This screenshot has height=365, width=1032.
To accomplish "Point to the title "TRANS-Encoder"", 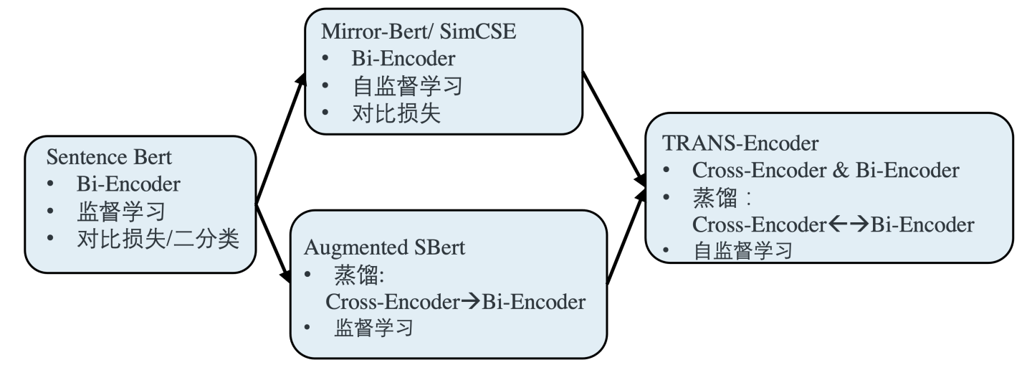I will coord(740,143).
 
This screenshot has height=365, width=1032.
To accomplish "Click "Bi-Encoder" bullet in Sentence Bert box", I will coord(128,184).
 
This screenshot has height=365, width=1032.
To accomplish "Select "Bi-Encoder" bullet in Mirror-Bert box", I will coord(403,59).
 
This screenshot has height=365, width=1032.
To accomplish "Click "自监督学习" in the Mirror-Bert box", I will coord(406,87).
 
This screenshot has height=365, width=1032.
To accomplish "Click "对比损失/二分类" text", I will coord(157,239).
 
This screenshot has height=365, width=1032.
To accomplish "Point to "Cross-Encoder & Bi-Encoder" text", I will coord(826,171).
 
